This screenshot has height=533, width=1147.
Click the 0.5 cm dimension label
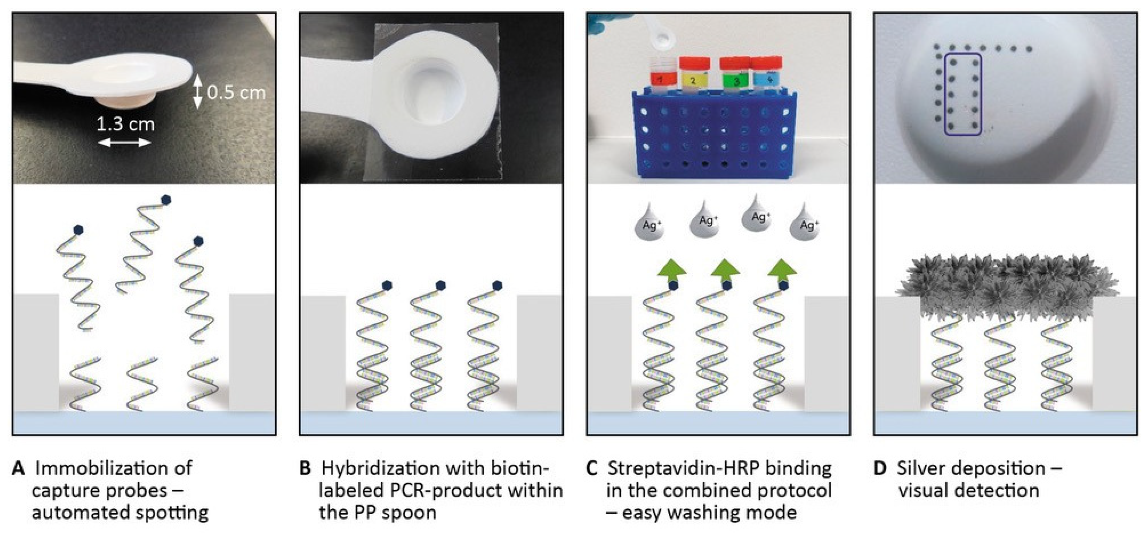[236, 93]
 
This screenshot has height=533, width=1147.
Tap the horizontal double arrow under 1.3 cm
[125, 143]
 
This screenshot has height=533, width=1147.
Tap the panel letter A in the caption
[18, 468]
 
